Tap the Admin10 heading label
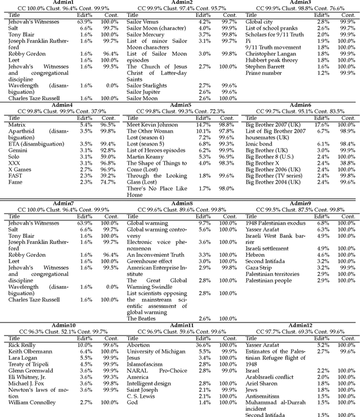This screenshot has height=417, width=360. (63, 325)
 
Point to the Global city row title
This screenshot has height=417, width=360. (258, 21)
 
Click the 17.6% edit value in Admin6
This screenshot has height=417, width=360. (322, 124)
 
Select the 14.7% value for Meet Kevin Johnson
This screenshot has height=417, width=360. (204, 124)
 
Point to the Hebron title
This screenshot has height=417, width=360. (256, 255)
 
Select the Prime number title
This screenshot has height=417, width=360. (263, 72)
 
